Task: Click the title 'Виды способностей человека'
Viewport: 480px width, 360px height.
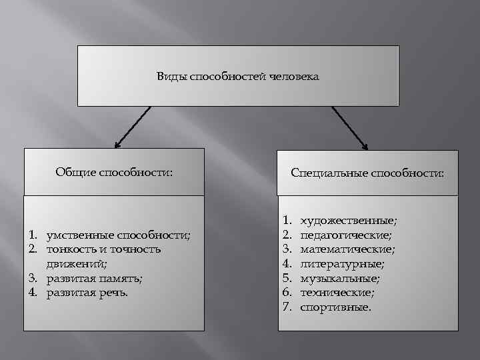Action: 237,77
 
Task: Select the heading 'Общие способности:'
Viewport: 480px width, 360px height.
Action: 114,173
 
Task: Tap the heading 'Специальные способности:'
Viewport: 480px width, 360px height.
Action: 367,173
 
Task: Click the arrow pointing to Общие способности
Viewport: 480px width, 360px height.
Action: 133,127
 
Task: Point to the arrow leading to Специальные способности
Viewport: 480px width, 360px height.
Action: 350,127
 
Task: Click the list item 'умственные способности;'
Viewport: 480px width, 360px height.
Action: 118,235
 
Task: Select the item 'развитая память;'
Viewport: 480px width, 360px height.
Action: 95,278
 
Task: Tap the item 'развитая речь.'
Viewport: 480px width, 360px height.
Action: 87,293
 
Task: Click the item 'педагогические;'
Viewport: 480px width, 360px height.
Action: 346,235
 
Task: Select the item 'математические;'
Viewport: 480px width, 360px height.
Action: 347,249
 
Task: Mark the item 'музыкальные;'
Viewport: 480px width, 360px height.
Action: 340,278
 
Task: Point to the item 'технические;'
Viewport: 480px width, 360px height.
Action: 337,293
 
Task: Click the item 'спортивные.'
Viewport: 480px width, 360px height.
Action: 336,307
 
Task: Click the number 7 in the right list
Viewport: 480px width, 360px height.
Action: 287,307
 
